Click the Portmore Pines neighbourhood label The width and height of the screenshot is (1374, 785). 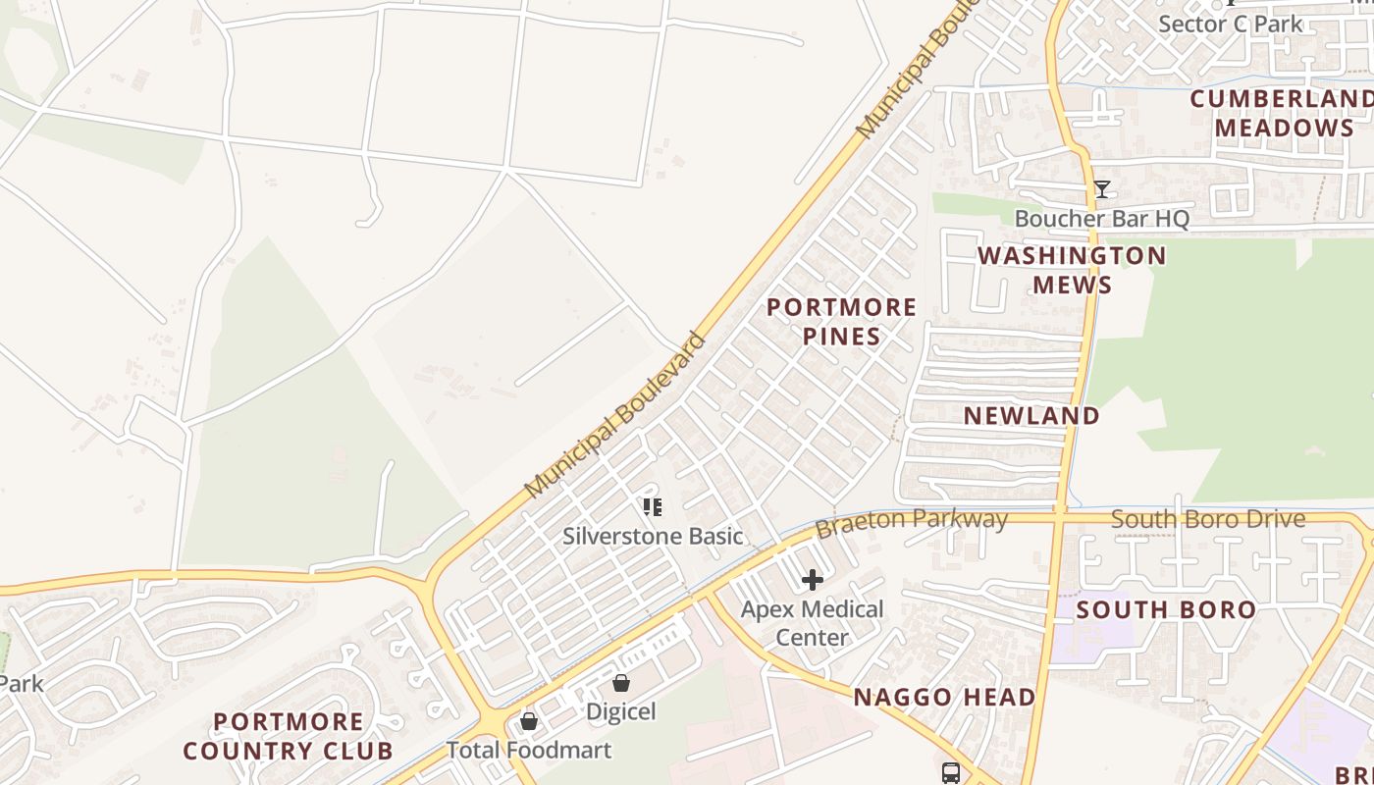(x=841, y=322)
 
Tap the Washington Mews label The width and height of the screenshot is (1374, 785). (x=1072, y=271)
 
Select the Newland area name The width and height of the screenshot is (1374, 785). (x=1031, y=416)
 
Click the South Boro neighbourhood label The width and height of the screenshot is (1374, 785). (x=1166, y=610)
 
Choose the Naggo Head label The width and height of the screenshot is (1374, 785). (x=944, y=698)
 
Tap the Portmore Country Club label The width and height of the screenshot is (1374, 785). (x=288, y=737)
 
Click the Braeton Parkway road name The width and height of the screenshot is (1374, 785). (x=911, y=522)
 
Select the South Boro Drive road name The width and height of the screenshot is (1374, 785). (x=1208, y=519)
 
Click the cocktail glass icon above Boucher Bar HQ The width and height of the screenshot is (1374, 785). (x=1102, y=189)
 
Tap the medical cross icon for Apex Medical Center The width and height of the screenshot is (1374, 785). (x=813, y=580)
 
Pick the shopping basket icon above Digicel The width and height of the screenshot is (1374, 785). (x=621, y=683)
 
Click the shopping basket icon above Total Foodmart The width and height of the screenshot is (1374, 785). (x=529, y=722)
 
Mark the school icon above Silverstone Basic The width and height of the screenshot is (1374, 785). (x=653, y=507)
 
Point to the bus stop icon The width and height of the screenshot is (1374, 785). (x=951, y=773)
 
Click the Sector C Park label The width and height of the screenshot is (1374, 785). (x=1231, y=24)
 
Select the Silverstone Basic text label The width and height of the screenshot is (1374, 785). (x=653, y=537)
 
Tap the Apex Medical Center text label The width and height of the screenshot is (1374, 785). (x=813, y=623)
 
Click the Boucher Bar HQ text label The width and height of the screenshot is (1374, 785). (x=1101, y=219)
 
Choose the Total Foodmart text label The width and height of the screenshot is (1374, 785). (x=529, y=751)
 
